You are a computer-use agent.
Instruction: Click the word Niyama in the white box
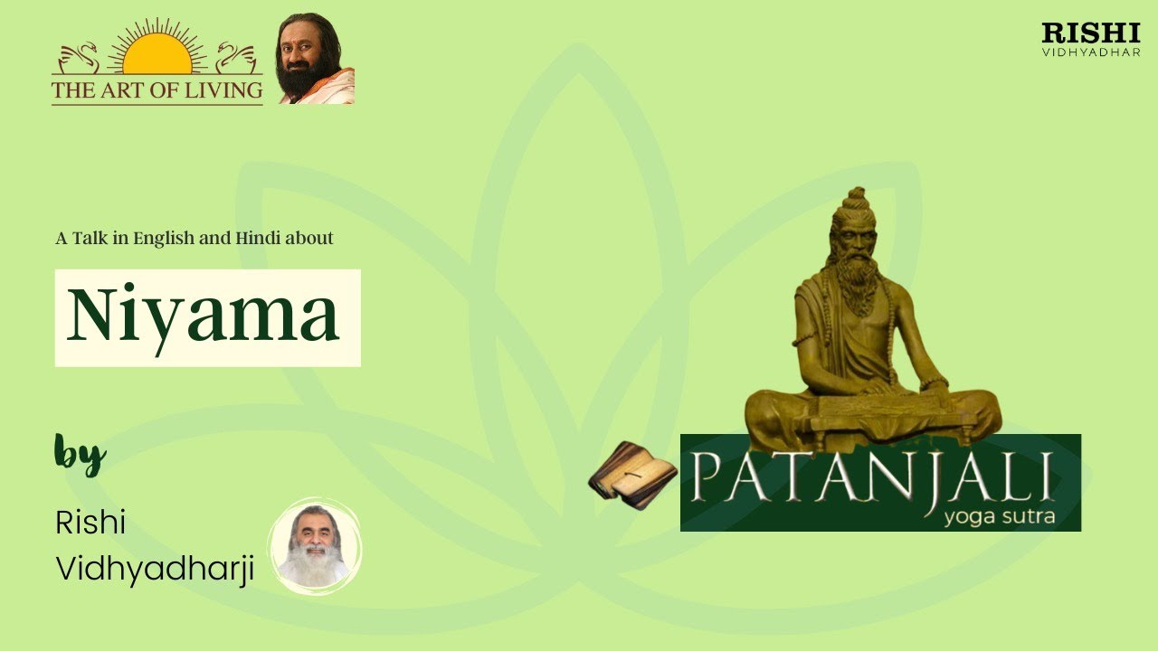tap(204, 316)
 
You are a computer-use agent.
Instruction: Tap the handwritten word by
tap(80, 454)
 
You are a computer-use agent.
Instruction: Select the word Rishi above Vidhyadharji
tap(90, 523)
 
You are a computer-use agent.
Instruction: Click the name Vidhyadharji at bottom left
tap(155, 569)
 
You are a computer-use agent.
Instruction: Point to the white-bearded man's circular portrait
tap(315, 545)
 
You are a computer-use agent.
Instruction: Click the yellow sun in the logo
tap(157, 57)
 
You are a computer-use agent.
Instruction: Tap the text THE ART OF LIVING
tap(157, 90)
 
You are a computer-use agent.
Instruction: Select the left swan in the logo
tap(77, 59)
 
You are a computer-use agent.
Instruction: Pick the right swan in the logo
tap(237, 59)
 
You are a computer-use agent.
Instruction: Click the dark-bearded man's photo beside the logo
tap(315, 60)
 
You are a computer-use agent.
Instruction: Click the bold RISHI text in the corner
tap(1090, 33)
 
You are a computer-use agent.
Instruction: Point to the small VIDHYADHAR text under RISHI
tap(1090, 52)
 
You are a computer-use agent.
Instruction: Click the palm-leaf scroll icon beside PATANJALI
tap(632, 475)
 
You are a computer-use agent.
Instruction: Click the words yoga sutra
tap(997, 518)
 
